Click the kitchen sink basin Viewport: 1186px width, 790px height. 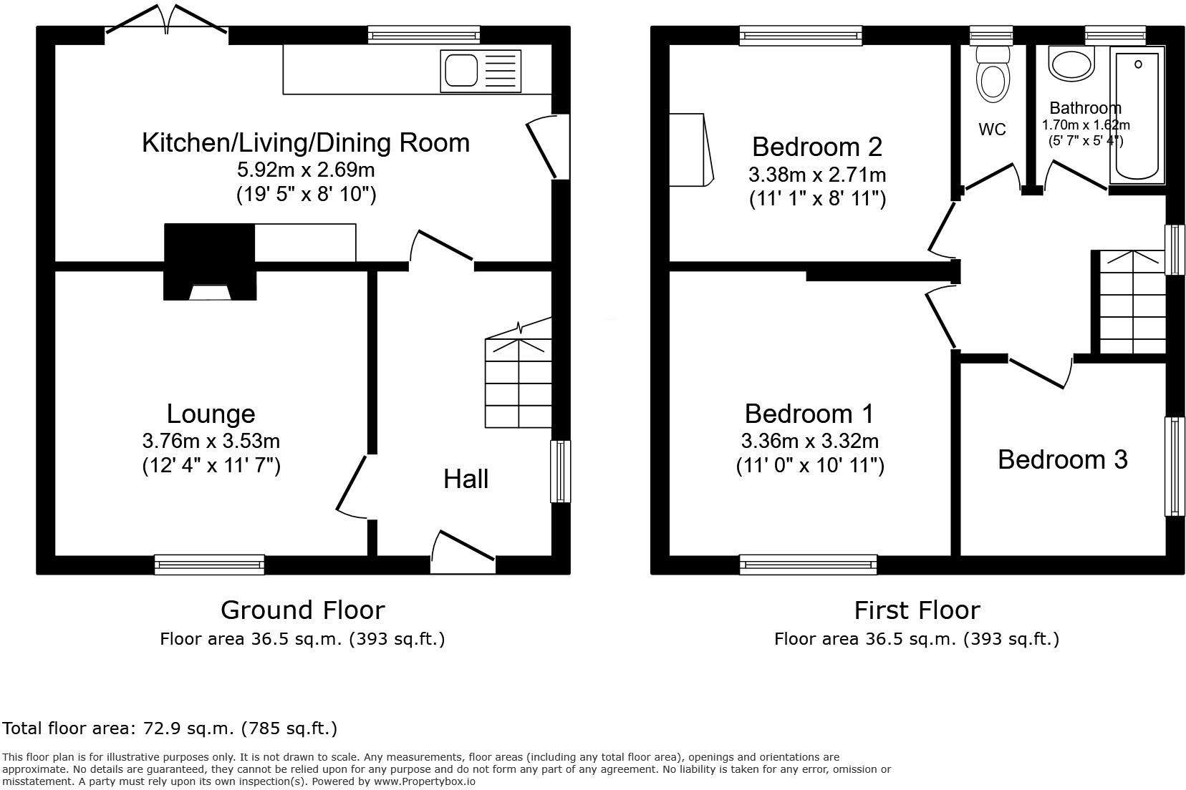pyautogui.click(x=460, y=70)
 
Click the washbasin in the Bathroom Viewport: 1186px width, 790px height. pyautogui.click(x=1071, y=64)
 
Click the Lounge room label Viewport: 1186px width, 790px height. pyautogui.click(x=211, y=414)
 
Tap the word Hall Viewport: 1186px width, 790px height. pyautogui.click(x=466, y=479)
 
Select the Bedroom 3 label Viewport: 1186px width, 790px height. pyautogui.click(x=1062, y=459)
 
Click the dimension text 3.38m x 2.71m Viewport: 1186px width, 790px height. pyautogui.click(x=817, y=175)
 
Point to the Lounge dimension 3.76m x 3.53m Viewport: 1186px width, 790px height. pyautogui.click(x=211, y=441)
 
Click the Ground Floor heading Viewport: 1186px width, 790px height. pyautogui.click(x=302, y=610)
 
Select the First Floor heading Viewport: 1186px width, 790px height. pyautogui.click(x=917, y=610)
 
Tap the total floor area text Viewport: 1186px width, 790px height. pyautogui.click(x=170, y=728)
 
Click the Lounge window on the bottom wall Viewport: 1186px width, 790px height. pyautogui.click(x=210, y=565)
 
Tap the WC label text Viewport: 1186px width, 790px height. pyautogui.click(x=992, y=130)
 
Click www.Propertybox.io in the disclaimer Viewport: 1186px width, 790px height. pyautogui.click(x=424, y=781)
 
